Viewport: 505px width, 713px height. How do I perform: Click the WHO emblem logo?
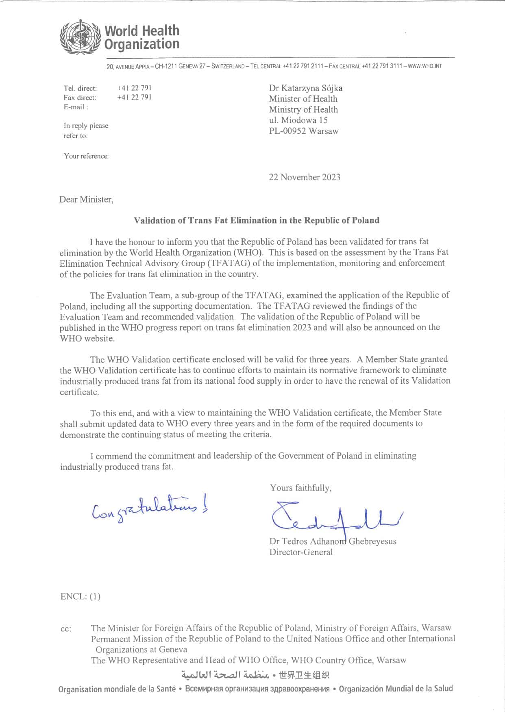coord(80,37)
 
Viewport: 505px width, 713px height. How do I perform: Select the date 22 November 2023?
coord(305,177)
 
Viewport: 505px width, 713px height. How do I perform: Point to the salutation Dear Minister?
coord(86,200)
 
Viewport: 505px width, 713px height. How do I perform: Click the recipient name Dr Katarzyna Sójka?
coord(306,88)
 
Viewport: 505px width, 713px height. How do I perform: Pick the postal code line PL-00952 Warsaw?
coord(304,131)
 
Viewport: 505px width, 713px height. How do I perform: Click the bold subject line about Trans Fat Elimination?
coord(257,220)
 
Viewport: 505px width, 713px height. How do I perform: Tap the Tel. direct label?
coord(80,88)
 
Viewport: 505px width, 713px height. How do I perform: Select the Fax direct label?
coord(80,98)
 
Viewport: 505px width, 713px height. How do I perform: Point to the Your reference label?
coord(86,156)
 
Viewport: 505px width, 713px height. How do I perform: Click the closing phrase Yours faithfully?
coord(301,488)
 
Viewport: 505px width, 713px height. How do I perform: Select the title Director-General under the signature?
coord(301,552)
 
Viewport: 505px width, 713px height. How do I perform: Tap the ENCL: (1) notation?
coord(81,596)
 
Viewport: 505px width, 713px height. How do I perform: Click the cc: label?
coord(66,629)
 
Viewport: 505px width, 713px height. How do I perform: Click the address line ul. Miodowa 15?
coord(298,120)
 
